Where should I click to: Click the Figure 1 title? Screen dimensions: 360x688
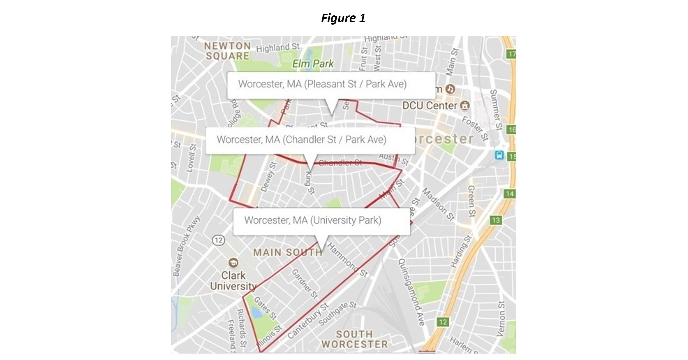coord(343,18)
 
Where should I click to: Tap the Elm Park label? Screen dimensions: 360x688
coord(313,64)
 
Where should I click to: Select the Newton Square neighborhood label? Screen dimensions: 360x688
coord(227,51)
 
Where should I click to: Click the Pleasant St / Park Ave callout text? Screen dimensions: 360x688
coord(322,84)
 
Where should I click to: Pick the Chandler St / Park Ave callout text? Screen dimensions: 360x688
coord(301,139)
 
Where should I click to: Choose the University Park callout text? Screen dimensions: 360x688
coord(312,220)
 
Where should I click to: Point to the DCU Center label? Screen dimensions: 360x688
coord(430,106)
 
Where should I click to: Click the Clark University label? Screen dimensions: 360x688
coord(233,281)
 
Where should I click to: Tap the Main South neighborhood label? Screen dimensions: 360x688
coord(288,252)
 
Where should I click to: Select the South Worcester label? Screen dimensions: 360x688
coord(354,339)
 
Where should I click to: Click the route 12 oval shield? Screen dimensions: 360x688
coord(219,240)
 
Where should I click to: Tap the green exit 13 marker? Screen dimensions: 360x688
coord(496,220)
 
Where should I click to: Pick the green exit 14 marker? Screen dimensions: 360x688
coord(509,194)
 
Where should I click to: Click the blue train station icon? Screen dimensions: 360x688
coord(499,155)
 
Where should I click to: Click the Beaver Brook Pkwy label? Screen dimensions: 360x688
coord(186,246)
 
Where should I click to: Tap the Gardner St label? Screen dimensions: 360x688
coord(305,284)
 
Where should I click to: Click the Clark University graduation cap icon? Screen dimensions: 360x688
coord(233,262)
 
